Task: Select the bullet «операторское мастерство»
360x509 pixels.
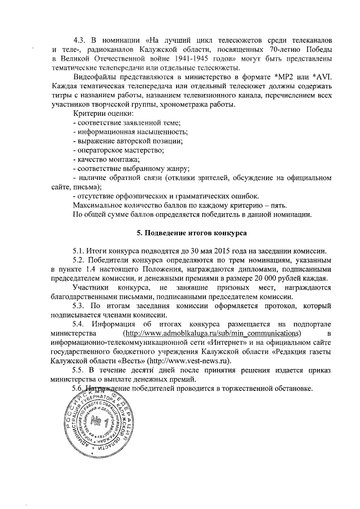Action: pos(120,151)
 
